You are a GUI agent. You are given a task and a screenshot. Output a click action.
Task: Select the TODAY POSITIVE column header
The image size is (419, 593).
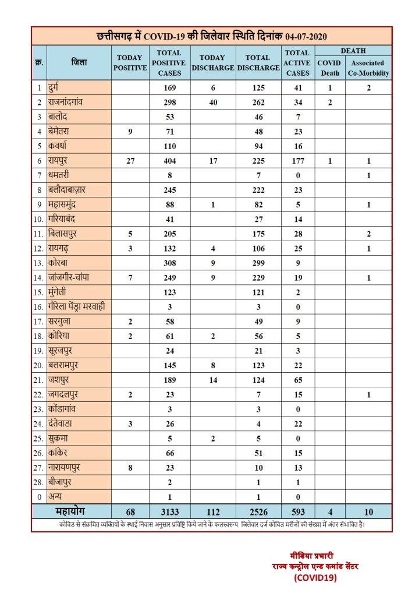[x=130, y=62]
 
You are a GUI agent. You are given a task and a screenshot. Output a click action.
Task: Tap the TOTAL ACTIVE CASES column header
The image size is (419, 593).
[x=297, y=62]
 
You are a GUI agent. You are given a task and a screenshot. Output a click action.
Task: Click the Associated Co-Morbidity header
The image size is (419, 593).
[x=368, y=68]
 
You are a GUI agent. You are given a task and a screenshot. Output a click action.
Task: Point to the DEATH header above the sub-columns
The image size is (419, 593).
[x=353, y=51]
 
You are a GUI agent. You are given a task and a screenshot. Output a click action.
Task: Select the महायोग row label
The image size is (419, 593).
[x=71, y=511]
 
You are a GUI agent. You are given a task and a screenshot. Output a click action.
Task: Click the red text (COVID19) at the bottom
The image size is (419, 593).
[x=314, y=578]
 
